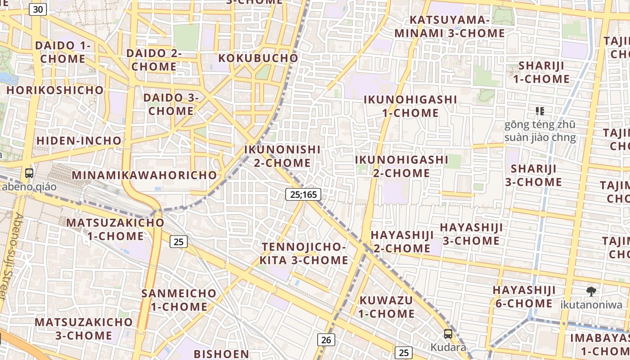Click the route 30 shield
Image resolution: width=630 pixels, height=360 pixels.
(x=39, y=9)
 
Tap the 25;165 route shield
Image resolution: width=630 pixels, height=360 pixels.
(x=303, y=194)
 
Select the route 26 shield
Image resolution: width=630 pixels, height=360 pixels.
(x=326, y=340)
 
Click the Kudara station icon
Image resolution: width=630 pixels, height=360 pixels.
(x=448, y=334)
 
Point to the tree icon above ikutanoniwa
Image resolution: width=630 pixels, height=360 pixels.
(x=591, y=292)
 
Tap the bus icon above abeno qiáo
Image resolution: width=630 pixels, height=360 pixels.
(x=29, y=173)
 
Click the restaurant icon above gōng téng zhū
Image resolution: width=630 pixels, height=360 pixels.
(x=540, y=111)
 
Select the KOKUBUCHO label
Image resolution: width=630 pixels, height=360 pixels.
(x=258, y=58)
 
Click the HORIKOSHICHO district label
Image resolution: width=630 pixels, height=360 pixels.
(x=55, y=90)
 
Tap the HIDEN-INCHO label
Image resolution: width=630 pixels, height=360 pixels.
(x=79, y=141)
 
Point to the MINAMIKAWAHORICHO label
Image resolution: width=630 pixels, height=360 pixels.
(x=144, y=175)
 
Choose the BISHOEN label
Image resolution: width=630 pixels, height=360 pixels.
(x=221, y=354)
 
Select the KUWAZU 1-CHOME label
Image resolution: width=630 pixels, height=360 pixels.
(x=387, y=306)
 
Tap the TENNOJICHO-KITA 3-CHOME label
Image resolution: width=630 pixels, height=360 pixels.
(x=304, y=253)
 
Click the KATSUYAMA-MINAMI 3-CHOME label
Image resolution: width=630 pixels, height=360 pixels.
(x=450, y=27)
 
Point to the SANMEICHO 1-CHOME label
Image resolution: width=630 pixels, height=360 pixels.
(x=179, y=300)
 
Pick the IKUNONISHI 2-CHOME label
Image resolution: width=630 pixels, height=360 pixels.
(x=282, y=156)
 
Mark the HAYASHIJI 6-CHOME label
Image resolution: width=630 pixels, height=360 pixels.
(x=524, y=297)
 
